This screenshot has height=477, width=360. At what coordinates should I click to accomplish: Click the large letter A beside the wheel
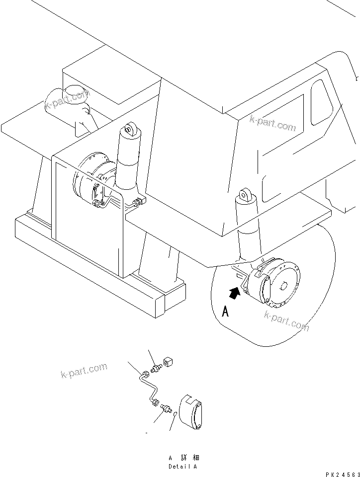[225, 312]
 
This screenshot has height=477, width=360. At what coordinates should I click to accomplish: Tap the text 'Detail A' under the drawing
[182, 466]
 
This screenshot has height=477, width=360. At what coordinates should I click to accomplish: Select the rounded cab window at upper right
[321, 102]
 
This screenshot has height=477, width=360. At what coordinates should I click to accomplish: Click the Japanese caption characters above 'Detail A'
[183, 458]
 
